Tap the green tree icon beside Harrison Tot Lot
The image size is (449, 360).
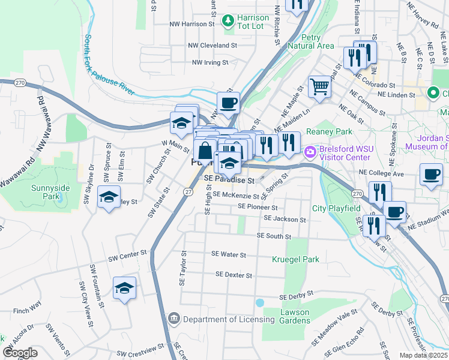[x=228, y=22]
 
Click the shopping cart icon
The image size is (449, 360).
[x=320, y=88]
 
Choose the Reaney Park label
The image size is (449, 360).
[x=328, y=131]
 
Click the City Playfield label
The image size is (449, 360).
[x=336, y=209]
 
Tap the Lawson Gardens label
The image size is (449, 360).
[x=295, y=316]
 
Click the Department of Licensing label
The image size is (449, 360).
[x=229, y=319]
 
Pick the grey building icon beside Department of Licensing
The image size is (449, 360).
[x=174, y=317]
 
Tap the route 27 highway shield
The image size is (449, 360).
[x=188, y=191]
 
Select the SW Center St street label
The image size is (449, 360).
[x=127, y=258]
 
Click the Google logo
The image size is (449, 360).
[x=20, y=353]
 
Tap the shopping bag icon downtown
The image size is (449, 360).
[x=205, y=151]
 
